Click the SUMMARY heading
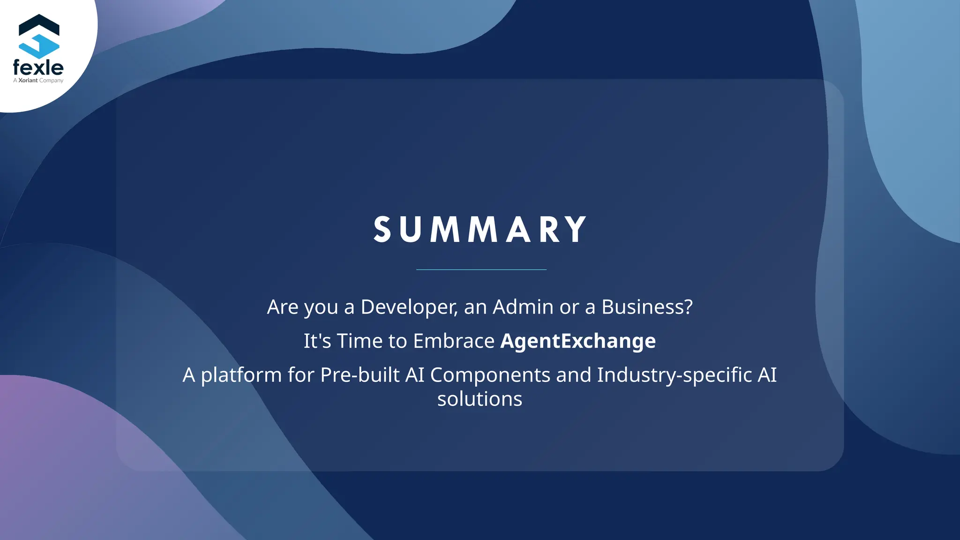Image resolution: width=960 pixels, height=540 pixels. [x=480, y=230]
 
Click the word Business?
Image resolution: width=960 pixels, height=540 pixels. [x=647, y=307]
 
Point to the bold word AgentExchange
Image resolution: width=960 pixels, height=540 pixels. [x=578, y=341]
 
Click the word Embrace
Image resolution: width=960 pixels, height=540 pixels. [x=453, y=341]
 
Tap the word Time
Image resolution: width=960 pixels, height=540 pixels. [x=360, y=341]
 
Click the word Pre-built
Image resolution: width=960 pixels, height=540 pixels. [x=360, y=375]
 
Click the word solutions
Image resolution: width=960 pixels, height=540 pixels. [x=480, y=399]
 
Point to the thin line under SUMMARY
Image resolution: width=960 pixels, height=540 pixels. [x=481, y=270]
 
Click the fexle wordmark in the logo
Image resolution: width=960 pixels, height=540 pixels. [x=38, y=68]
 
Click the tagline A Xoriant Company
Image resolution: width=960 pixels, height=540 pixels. [x=38, y=81]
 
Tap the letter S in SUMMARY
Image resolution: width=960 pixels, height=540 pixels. [x=382, y=230]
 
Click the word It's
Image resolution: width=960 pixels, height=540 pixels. [x=317, y=341]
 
